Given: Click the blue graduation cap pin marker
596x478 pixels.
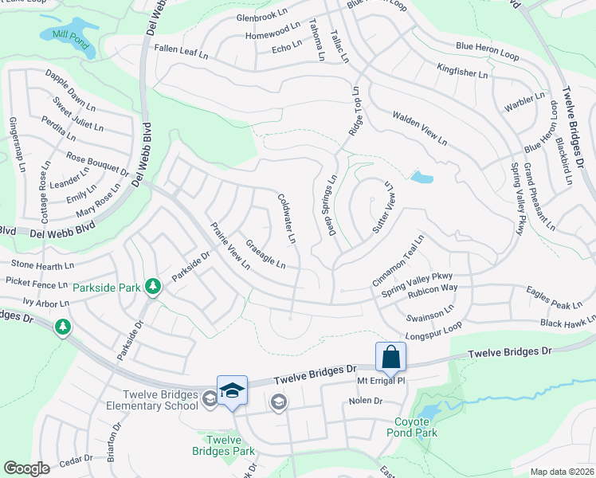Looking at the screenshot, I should (232, 390).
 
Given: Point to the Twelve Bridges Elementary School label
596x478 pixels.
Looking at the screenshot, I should (160, 400).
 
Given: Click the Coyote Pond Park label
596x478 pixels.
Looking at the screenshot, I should (416, 428).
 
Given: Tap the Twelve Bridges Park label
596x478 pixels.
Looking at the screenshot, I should (223, 445).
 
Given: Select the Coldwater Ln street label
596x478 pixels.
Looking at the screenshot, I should (287, 218).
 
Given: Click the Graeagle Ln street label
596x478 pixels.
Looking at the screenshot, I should (266, 254).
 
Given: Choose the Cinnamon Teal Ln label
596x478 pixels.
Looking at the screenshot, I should (398, 261).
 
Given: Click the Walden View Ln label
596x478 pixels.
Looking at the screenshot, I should (419, 127).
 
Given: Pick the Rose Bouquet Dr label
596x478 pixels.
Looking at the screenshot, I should (97, 164).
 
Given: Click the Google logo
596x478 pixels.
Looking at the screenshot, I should (26, 468).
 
